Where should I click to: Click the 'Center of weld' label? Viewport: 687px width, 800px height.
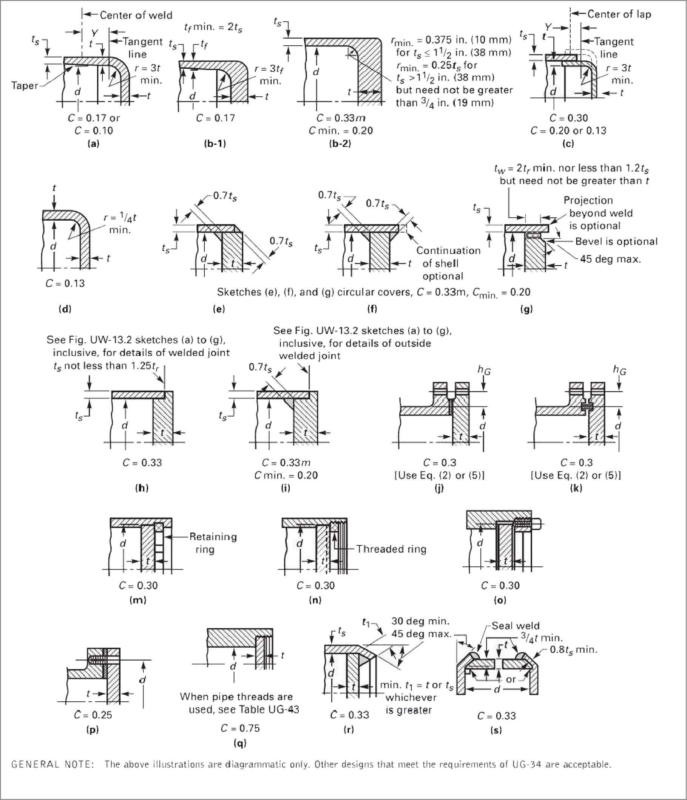point(136,15)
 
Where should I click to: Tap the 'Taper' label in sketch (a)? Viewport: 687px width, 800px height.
point(25,85)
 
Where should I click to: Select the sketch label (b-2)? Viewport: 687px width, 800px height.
point(340,144)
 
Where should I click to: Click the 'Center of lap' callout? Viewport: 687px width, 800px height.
point(619,14)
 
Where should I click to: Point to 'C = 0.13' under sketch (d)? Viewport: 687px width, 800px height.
point(65,283)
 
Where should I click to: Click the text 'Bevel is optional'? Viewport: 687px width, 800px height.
point(616,242)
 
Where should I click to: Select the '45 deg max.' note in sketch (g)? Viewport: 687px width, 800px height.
point(610,259)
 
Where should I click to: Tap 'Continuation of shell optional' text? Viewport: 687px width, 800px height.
point(448,263)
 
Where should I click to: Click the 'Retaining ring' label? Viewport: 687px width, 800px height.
point(213,543)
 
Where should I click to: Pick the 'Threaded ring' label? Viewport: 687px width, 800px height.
point(391,549)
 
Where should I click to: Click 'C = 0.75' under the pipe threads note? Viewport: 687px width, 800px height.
point(240,728)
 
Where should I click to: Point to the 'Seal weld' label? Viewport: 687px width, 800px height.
point(515,625)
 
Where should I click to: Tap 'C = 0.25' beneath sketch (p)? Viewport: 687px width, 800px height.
point(93,715)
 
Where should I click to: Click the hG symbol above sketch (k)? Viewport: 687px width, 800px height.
point(619,370)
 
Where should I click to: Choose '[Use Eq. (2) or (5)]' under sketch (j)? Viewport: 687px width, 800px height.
point(439,475)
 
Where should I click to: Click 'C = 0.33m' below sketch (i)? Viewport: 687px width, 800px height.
point(286,463)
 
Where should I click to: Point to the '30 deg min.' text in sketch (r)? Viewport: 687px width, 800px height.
point(420,621)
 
